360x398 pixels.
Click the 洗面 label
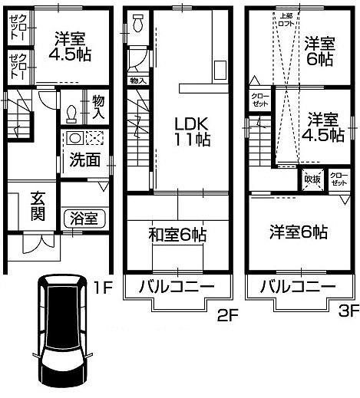pos(84,160)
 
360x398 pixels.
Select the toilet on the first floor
pos(71,113)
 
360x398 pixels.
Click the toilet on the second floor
pos(137,23)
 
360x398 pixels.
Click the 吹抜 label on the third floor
pos(312,179)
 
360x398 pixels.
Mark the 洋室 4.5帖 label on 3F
pos(322,127)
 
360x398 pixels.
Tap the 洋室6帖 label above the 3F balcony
pos(299,231)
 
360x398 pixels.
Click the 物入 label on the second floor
pos(137,80)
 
